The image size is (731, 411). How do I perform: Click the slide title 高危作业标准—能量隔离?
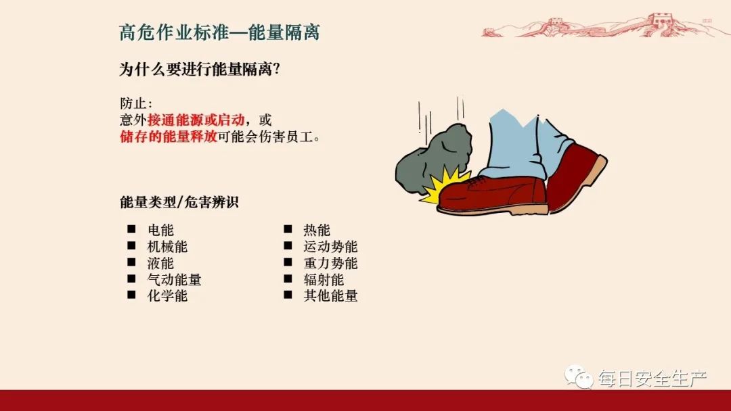219,32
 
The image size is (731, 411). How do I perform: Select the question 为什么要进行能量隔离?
200,70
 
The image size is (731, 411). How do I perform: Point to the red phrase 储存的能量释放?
169,137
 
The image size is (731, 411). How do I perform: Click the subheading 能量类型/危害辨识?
179,202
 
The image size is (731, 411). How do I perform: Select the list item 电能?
160,231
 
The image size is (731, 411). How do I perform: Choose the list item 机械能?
167,247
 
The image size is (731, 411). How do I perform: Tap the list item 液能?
160,263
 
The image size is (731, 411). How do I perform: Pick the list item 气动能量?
174,279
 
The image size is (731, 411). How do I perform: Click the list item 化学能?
167,295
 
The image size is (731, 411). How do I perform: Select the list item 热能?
317,231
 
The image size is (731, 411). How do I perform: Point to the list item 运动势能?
330,247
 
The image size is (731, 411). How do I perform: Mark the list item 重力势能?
330,263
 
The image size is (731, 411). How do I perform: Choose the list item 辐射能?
324,279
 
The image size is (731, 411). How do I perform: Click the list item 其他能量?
330,295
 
